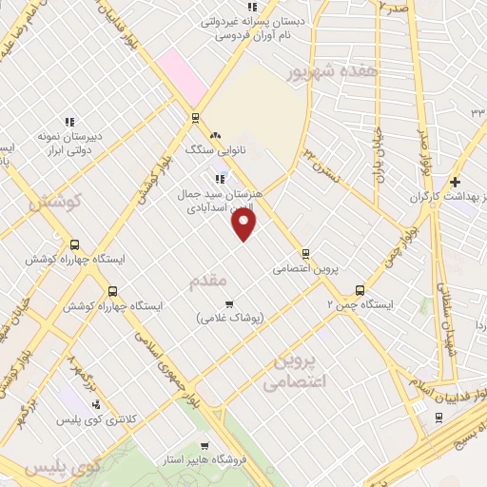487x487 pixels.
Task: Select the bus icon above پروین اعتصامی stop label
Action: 305,253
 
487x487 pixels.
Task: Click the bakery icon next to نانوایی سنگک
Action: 215,136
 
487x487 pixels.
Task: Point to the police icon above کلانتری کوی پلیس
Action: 96,403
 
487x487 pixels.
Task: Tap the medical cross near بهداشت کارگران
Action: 456,182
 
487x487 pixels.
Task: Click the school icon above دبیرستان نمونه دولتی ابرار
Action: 68,122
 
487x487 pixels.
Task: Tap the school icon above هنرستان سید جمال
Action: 220,178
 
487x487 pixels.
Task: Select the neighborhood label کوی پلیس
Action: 61,468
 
